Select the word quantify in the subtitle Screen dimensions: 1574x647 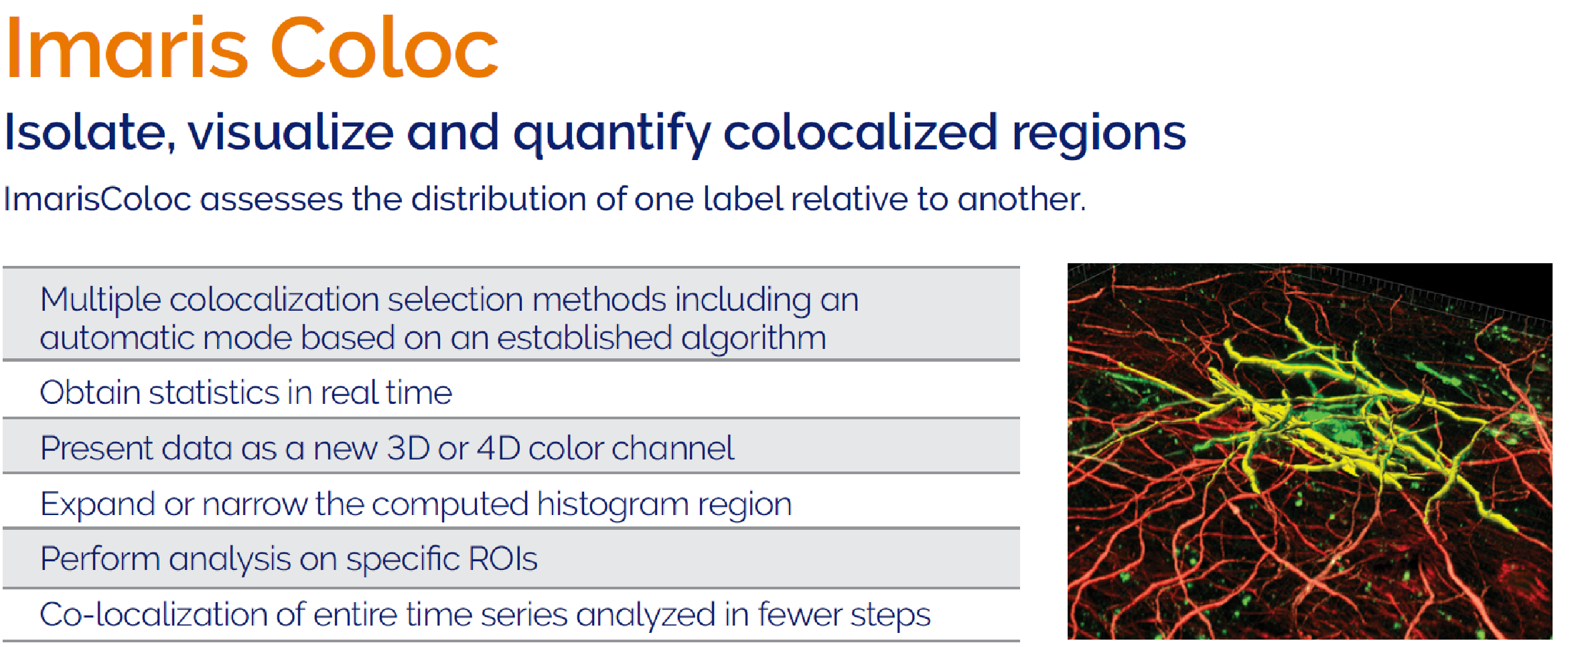click(611, 135)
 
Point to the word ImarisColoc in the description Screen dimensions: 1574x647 click(98, 199)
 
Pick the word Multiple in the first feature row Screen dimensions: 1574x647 click(100, 300)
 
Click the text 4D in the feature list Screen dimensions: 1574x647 click(498, 448)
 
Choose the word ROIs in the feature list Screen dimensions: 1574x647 click(503, 559)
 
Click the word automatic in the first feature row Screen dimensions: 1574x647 click(117, 339)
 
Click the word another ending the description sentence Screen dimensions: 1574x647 click(1021, 199)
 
